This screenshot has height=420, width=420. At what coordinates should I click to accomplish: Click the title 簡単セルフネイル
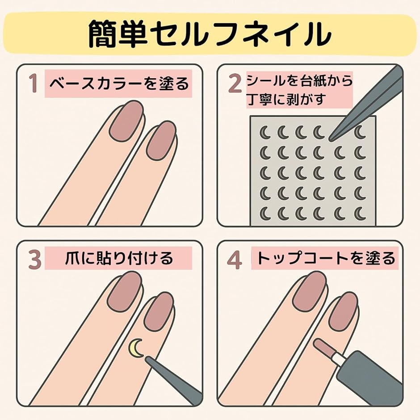(x=210, y=34)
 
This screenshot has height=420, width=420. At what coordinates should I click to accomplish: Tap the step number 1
(x=33, y=83)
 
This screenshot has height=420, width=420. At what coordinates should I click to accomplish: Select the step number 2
(x=235, y=83)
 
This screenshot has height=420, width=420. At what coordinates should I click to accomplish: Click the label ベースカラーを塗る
(x=119, y=83)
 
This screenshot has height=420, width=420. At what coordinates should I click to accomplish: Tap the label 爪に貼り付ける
(x=119, y=258)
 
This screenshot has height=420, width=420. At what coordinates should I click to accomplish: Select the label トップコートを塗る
(x=325, y=258)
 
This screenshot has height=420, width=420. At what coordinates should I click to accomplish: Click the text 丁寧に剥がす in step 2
(x=286, y=99)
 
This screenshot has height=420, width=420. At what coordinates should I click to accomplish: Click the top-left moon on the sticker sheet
(x=265, y=132)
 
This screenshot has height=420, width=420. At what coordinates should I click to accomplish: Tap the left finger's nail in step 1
(x=127, y=121)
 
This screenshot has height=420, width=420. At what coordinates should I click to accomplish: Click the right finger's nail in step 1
(x=161, y=141)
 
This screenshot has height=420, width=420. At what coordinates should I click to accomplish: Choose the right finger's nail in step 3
(x=159, y=312)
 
